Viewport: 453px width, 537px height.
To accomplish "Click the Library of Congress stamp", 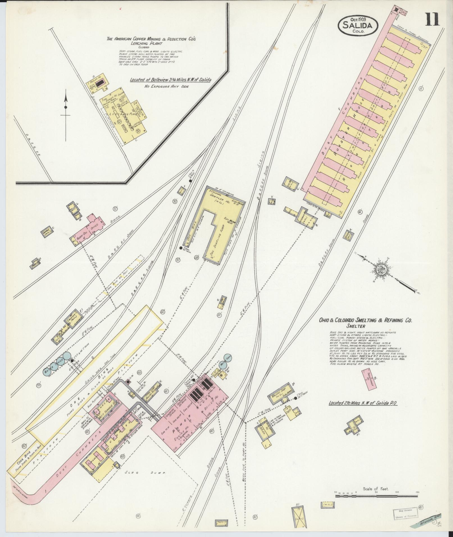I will click(405, 513).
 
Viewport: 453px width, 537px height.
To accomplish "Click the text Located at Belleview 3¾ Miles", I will click(170, 80).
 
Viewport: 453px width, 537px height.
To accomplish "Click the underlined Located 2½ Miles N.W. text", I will click(364, 403).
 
